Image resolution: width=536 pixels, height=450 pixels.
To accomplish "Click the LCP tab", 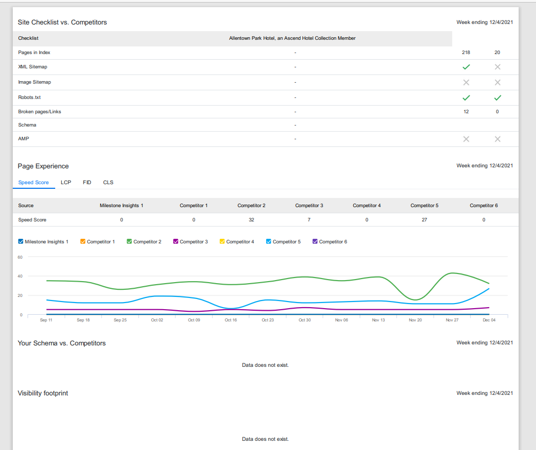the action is [66, 182].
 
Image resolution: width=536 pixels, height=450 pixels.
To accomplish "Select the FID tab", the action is [87, 182].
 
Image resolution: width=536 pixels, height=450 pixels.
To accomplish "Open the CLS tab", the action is [108, 182].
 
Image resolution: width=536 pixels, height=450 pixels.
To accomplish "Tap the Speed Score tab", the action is [34, 182].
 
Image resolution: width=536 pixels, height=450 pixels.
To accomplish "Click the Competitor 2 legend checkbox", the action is [129, 241].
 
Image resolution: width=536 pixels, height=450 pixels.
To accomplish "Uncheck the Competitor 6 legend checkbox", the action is [315, 241].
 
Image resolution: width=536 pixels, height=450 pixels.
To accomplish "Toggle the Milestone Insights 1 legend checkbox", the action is [20, 241].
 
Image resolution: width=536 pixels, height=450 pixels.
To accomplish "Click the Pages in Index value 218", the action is [466, 52].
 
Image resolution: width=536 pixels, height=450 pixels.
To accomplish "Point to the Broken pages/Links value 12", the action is [466, 112].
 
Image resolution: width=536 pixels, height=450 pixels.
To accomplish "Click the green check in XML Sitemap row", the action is [467, 67].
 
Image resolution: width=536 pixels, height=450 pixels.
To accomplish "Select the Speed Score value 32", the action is [251, 219].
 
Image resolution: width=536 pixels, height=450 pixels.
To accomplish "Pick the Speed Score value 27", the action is [424, 219].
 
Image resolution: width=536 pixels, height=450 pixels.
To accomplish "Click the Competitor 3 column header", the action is [309, 206].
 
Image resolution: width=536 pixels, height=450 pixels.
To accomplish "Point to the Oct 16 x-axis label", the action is [231, 320].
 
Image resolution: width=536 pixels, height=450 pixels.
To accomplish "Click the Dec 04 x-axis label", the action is [489, 320].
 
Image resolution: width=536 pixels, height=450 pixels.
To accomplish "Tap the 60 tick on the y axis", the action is [20, 257].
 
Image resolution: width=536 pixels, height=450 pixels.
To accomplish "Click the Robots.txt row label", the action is [30, 97].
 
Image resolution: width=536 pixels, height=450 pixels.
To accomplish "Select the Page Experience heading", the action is [43, 166].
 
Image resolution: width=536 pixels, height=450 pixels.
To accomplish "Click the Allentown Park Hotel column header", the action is [292, 38].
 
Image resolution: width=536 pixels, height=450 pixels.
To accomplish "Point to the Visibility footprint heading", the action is [43, 393].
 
